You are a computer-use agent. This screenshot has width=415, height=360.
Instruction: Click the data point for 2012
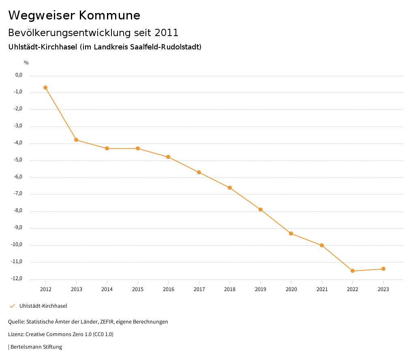45,88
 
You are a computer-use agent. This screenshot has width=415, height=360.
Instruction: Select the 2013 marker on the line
76,140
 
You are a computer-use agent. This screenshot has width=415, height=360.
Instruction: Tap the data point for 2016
169,157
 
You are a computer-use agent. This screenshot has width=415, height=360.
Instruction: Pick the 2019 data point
261,210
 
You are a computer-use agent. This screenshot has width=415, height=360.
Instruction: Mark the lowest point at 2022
353,271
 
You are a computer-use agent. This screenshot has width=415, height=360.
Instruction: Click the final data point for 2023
383,269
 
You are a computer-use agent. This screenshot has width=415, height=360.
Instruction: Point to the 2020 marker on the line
291,234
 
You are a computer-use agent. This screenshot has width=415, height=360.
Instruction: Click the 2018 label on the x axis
230,289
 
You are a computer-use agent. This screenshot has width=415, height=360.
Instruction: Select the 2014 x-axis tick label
107,289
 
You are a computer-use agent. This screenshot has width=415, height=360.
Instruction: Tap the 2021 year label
322,289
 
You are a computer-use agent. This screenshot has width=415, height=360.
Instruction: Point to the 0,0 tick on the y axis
19,75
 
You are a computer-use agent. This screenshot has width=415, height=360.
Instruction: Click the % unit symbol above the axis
26,62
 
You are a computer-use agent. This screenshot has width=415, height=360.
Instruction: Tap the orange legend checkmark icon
12,306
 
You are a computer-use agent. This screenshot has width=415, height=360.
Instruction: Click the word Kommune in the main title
109,15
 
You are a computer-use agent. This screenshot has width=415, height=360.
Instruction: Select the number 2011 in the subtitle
166,32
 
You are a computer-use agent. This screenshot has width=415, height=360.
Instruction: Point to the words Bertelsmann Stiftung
36,347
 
